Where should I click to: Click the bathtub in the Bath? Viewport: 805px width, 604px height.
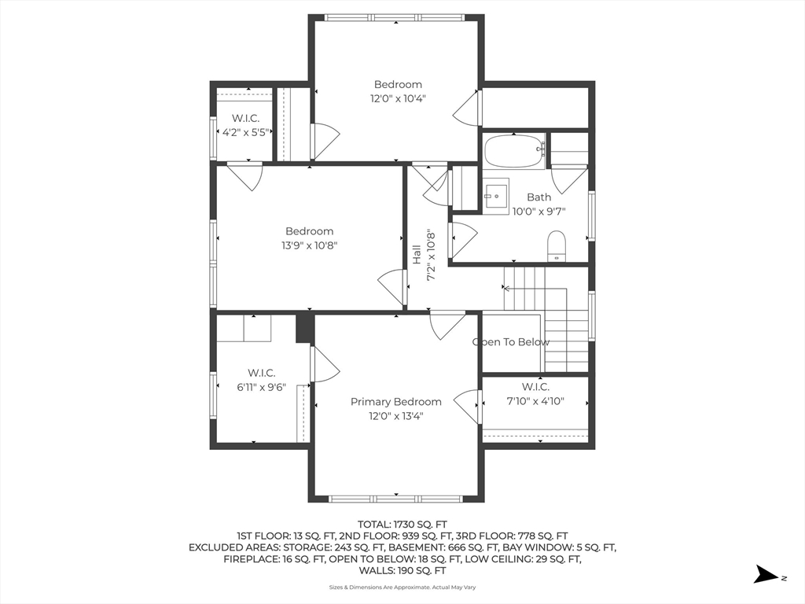(x=514, y=151)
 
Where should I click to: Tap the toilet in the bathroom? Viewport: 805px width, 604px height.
(x=556, y=246)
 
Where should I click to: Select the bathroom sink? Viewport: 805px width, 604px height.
(x=495, y=196)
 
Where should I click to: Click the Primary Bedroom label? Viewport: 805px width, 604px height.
(x=396, y=402)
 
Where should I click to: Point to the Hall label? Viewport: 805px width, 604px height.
(x=417, y=255)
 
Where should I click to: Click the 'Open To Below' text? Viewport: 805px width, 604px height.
(x=511, y=342)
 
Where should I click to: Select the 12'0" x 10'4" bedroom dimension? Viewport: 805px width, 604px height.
(x=398, y=98)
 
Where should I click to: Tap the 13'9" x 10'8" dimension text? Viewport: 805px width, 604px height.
(x=309, y=245)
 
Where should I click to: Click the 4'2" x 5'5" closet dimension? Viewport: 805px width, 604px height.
(x=245, y=132)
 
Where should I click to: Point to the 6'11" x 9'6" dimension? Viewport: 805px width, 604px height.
(x=261, y=387)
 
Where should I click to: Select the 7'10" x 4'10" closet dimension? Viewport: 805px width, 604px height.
(x=535, y=401)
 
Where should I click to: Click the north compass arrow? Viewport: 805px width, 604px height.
(x=766, y=574)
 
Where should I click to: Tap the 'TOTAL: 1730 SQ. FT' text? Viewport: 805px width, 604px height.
(x=402, y=525)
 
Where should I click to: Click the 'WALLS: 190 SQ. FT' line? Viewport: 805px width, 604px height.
(x=402, y=571)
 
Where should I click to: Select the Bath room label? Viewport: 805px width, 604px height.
(x=539, y=197)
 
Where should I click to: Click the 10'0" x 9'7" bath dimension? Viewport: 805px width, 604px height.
(x=539, y=211)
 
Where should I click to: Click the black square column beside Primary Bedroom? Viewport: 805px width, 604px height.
(x=305, y=328)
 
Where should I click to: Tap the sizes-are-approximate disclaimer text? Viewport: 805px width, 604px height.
(x=402, y=587)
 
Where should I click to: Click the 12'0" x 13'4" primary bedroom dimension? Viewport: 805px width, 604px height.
(x=396, y=416)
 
